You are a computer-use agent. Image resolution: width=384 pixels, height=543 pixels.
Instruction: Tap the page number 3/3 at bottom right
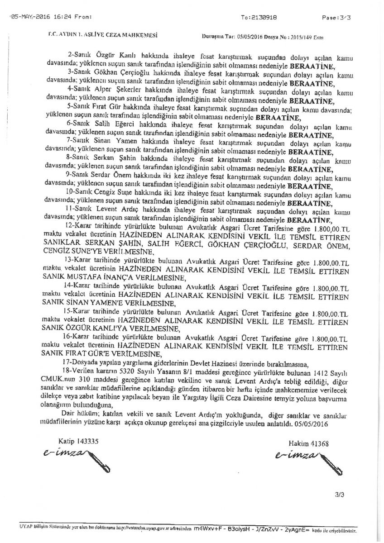click(x=340, y=495)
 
